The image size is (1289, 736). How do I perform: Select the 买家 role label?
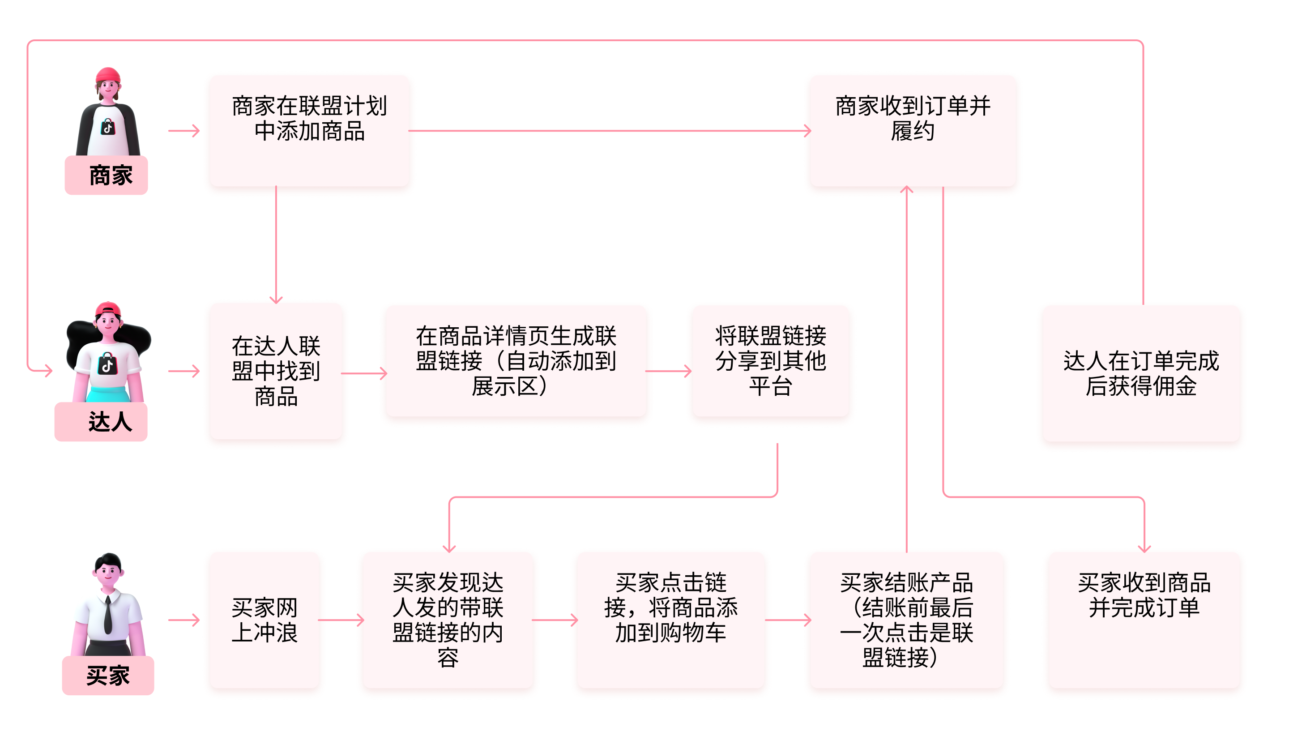(x=107, y=676)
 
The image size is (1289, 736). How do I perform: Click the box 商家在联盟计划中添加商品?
(x=309, y=130)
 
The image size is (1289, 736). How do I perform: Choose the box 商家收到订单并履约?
(x=912, y=130)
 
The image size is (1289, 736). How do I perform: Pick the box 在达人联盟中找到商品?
(x=276, y=371)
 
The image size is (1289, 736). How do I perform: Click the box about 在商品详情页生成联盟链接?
(x=516, y=361)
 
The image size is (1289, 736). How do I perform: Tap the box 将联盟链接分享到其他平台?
(x=770, y=361)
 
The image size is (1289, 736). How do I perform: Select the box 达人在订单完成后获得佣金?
(x=1141, y=373)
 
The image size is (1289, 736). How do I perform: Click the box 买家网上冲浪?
(x=264, y=620)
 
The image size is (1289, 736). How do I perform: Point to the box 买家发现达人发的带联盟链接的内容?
(x=448, y=620)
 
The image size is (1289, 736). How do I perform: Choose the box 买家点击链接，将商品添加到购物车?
(x=670, y=620)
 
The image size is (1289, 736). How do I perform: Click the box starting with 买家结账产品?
(x=906, y=620)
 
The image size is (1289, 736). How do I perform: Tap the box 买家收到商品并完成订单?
(x=1144, y=620)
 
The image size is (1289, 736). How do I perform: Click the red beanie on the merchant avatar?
(x=108, y=75)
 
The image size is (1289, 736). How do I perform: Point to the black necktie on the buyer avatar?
(x=107, y=615)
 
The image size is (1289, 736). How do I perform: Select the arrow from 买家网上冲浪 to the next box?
(x=341, y=620)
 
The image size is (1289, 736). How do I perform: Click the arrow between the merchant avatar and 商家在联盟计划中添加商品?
(x=184, y=131)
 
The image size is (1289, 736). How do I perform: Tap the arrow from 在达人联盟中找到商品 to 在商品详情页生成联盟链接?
(x=364, y=373)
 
